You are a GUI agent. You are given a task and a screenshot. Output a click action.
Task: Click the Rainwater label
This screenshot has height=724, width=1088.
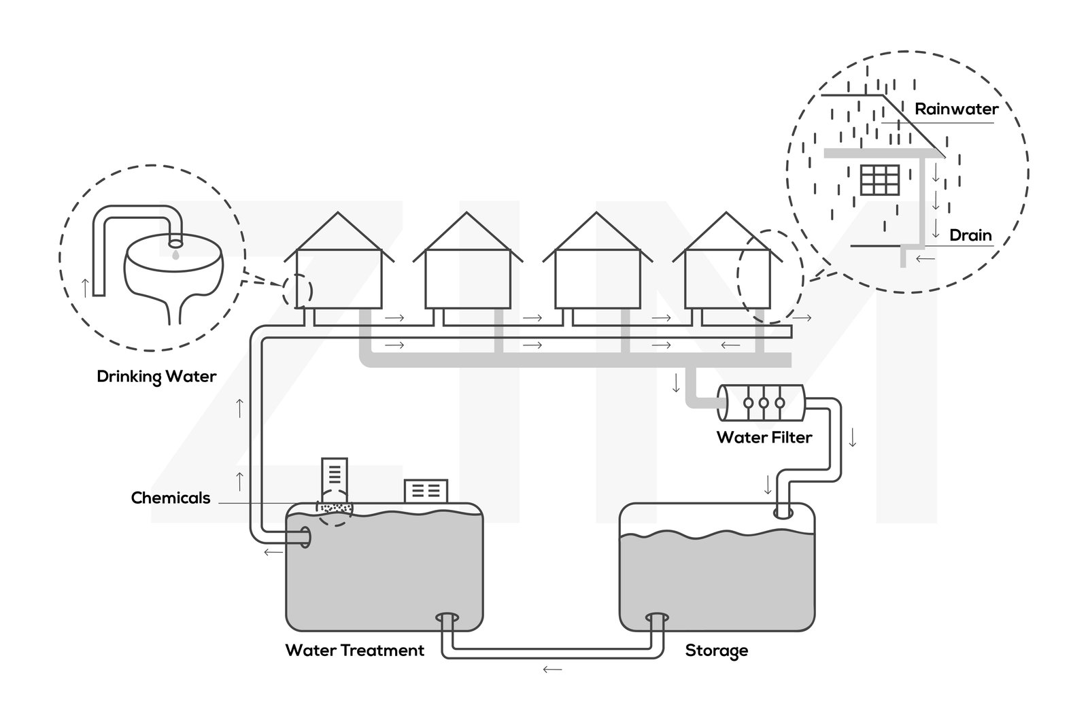click(956, 109)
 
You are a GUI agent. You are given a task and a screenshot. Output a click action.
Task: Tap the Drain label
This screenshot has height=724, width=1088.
click(970, 235)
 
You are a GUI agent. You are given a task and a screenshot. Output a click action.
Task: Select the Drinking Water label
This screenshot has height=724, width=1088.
click(156, 376)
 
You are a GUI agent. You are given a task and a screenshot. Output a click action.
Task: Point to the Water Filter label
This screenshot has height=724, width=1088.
click(764, 436)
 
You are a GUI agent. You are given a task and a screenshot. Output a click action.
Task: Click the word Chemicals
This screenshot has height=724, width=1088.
click(171, 498)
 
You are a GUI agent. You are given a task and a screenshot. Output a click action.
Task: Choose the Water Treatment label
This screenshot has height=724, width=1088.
click(354, 650)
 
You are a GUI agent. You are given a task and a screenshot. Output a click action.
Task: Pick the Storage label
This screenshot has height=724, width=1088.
click(716, 650)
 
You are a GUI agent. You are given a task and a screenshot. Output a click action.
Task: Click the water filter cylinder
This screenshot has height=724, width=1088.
click(762, 402)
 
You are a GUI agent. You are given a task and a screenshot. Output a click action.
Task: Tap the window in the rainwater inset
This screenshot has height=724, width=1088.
click(880, 179)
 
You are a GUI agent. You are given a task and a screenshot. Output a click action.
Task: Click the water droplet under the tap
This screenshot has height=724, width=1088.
click(175, 254)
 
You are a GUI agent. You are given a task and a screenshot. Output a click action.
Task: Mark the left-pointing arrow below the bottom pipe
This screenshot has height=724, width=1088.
click(552, 670)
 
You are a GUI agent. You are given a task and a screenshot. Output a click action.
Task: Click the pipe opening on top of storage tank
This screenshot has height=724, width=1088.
click(784, 513)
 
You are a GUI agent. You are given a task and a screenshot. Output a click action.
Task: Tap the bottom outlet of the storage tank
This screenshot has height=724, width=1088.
click(658, 619)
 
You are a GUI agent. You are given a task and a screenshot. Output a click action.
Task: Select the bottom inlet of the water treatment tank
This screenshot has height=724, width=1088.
click(447, 619)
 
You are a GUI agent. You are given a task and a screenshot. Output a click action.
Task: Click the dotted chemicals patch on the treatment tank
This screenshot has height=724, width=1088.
click(336, 508)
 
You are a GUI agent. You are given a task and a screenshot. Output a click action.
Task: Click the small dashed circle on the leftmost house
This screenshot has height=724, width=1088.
click(297, 291)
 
